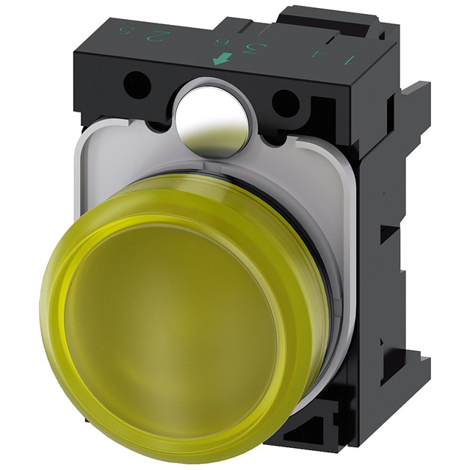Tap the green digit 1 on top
(351, 59)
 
